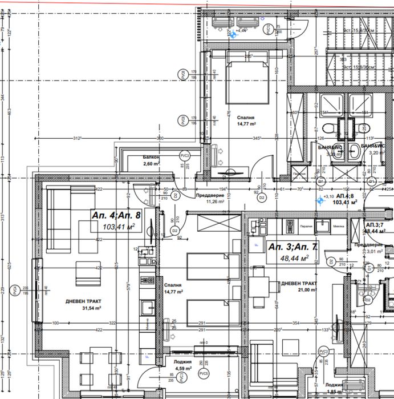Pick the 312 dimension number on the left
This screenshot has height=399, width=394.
coord(77,138)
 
